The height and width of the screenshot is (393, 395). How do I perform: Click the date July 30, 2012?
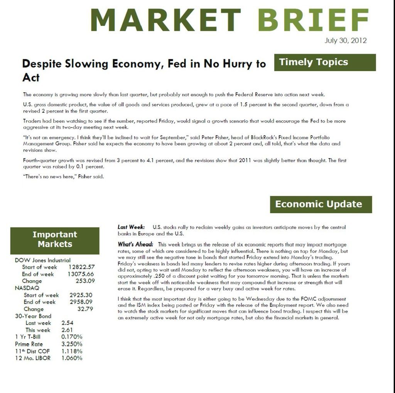point(345,41)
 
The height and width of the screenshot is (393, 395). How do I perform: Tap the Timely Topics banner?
point(325,62)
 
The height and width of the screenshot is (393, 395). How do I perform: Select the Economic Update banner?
point(321,204)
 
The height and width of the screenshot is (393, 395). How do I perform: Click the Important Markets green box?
point(55,239)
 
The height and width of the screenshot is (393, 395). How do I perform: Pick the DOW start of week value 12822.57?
point(81,267)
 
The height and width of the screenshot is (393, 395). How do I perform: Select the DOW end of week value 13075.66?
point(81,274)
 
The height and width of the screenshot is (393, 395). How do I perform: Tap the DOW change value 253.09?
point(85,281)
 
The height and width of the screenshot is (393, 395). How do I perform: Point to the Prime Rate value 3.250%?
point(72,344)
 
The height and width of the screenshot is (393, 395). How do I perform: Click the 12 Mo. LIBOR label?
point(33,358)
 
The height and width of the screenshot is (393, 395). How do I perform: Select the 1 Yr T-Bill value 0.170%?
point(72,337)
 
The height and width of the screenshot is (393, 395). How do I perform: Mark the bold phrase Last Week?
point(131,227)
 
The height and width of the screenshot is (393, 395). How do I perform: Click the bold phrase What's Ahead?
point(135,245)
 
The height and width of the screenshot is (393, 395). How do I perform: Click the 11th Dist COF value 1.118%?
point(72,351)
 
